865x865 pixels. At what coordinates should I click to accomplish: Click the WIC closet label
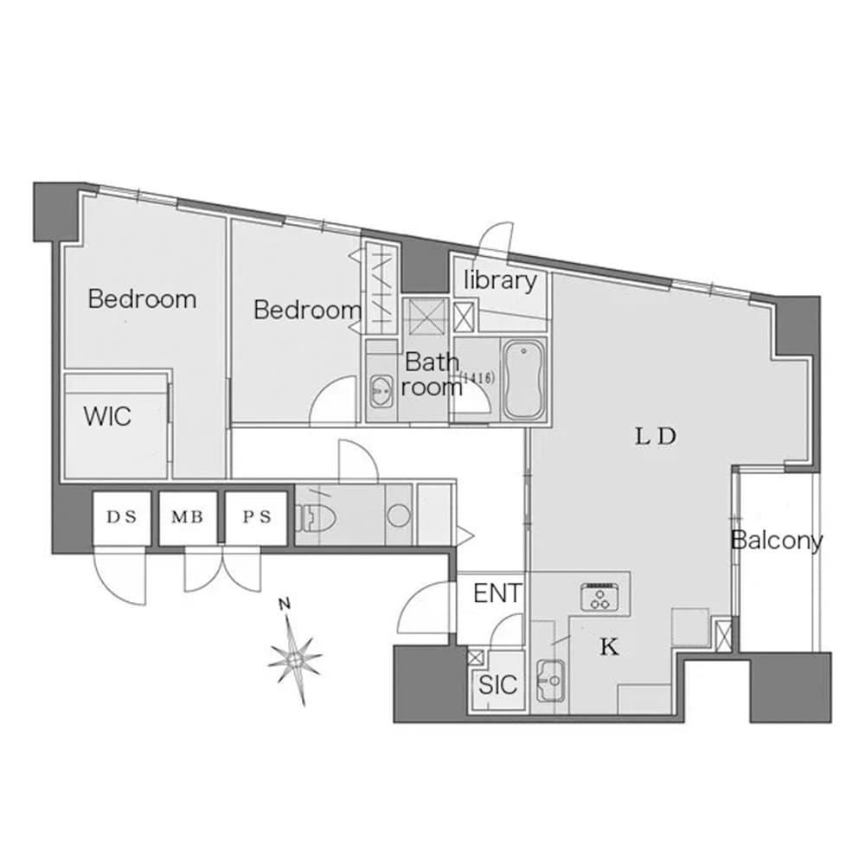click(x=107, y=416)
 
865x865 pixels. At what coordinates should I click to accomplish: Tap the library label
click(x=500, y=280)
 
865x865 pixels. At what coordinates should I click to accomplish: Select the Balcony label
click(x=777, y=540)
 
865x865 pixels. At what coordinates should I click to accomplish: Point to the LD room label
click(x=656, y=437)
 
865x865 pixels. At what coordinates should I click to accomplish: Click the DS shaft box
click(x=121, y=517)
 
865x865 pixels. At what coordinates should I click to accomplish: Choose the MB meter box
click(x=188, y=517)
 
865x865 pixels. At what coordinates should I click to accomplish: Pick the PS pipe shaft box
click(x=257, y=517)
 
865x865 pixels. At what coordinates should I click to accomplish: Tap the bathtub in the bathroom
click(x=523, y=380)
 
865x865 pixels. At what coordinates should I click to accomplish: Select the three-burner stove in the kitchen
click(x=599, y=597)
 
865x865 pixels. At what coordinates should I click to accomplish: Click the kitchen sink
click(x=550, y=680)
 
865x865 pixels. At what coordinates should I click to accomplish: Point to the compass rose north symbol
click(x=295, y=657)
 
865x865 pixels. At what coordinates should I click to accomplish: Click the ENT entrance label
click(x=497, y=593)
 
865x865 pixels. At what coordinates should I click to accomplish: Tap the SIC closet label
click(x=497, y=684)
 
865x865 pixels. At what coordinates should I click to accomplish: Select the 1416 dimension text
click(x=477, y=378)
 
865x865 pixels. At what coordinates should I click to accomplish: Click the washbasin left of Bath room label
click(x=381, y=391)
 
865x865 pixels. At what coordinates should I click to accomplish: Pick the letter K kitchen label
click(x=610, y=647)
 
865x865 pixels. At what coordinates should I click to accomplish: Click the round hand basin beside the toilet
click(x=398, y=516)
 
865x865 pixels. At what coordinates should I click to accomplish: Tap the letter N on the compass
click(x=285, y=604)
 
